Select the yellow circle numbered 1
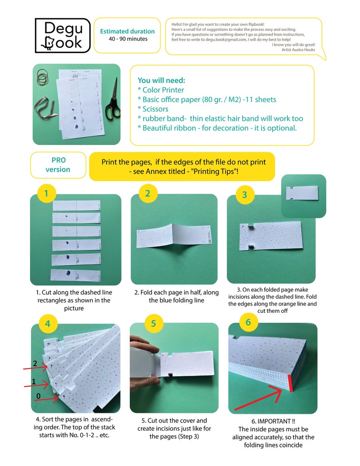[46, 194]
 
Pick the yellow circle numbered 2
[147, 194]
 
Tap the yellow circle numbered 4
[48, 323]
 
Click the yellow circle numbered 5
[154, 323]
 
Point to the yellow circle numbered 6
[248, 322]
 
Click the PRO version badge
[58, 165]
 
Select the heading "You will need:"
[161, 80]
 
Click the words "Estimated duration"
[127, 31]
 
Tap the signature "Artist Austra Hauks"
[298, 49]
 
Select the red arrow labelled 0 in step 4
[41, 399]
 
